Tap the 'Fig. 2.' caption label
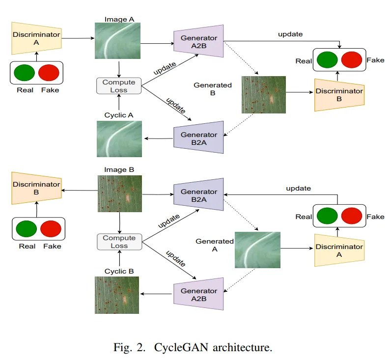coord(130,348)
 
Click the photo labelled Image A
coord(118,41)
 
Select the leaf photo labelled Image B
coord(119,194)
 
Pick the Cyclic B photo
coord(117,295)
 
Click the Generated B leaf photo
coord(263,95)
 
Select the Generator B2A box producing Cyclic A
coord(199,138)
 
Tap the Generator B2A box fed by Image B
coord(199,195)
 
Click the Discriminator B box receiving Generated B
coord(339,95)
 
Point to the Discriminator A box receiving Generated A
coord(338,250)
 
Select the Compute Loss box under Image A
coord(118,86)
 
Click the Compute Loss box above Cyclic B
coord(118,242)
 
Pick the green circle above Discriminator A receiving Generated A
coord(327,217)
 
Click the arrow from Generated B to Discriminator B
coord(300,92)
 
